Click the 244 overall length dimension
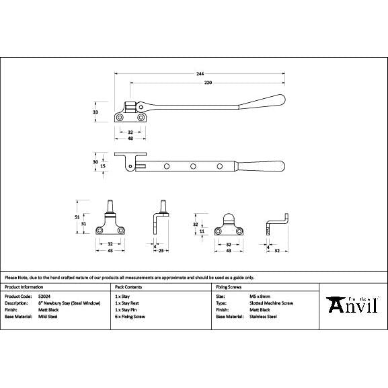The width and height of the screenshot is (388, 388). point(200,73)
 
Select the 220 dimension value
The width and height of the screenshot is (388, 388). point(208,82)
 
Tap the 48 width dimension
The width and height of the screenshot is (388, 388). point(129,139)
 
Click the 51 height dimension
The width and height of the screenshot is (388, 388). point(77,217)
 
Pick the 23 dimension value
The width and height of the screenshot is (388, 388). point(162,250)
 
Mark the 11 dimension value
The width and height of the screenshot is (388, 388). point(202,231)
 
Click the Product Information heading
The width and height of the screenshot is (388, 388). point(25,286)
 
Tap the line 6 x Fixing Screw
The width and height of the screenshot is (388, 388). point(130,316)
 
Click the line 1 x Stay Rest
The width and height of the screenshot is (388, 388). point(127,303)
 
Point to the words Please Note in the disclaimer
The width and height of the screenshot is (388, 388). point(14,277)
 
